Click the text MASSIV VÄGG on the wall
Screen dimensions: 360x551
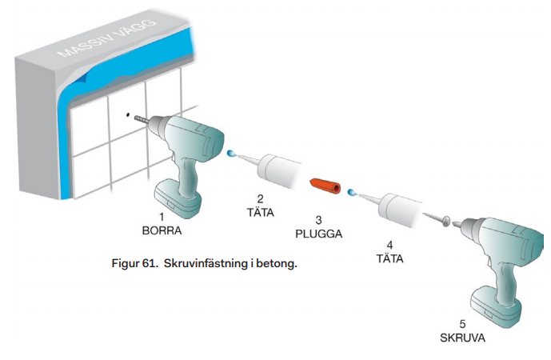[119, 39]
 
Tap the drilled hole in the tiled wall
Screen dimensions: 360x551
[127, 114]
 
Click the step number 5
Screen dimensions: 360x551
[461, 324]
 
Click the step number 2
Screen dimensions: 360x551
[259, 198]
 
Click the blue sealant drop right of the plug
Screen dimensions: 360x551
[351, 191]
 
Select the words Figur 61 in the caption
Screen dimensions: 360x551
[135, 262]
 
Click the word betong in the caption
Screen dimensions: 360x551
[277, 262]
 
